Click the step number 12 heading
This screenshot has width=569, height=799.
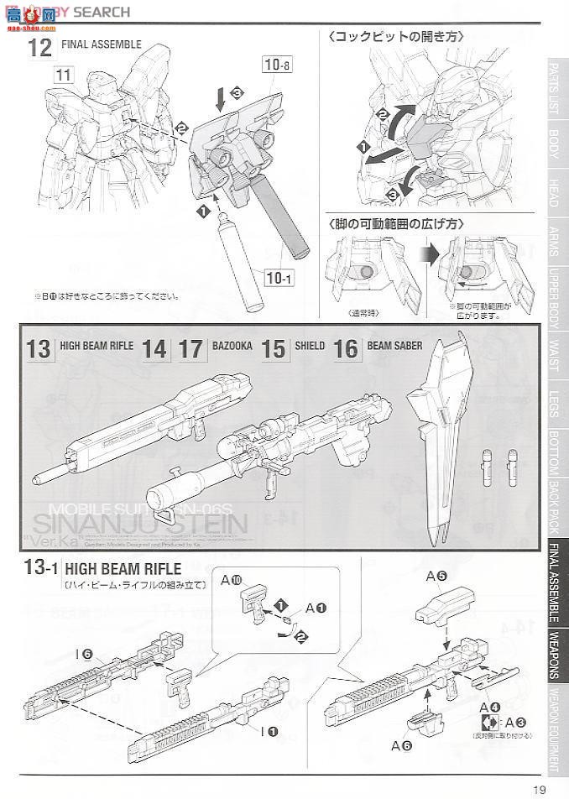tap(39, 47)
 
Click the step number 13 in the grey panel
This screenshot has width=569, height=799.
tap(39, 348)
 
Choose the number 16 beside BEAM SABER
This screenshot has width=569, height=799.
tap(346, 348)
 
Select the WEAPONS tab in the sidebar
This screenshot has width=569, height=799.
tap(554, 657)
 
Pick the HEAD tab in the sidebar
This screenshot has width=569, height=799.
tap(554, 192)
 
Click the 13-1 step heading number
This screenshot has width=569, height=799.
tap(39, 568)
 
